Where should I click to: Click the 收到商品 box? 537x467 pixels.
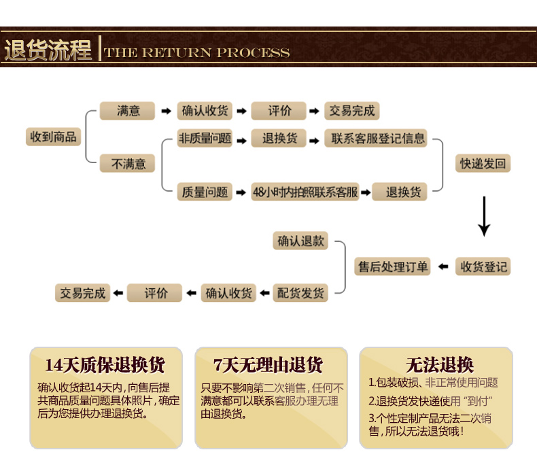coord(53,137)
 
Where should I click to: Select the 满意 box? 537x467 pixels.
coord(128,111)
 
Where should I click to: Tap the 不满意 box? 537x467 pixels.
coord(128,164)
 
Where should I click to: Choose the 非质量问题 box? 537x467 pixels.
coord(205,139)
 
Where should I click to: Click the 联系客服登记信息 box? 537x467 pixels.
coord(378,139)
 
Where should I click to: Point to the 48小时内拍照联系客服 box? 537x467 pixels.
coord(305,192)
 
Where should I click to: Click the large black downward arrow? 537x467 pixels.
coord(484,216)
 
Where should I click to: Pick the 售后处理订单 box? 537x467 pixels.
coord(394,266)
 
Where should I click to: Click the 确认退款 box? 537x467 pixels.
coord(301,241)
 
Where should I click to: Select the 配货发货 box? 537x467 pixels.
coord(301,294)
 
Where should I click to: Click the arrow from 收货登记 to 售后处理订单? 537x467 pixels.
coord(443,266)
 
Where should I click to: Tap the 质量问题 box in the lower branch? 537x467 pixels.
coord(205,192)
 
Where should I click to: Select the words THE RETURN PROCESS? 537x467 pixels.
coord(197,52)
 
